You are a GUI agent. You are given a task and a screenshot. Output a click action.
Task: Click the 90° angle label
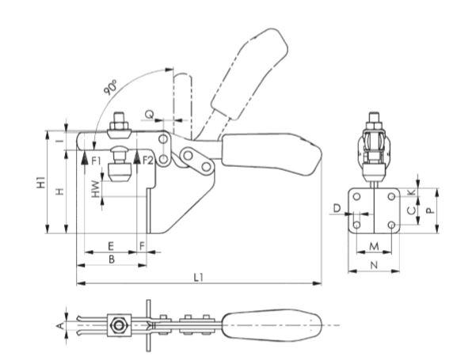pos(111,88)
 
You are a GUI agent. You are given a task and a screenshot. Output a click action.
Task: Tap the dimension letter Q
pos(149,115)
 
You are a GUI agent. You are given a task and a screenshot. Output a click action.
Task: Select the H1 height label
pos(41,182)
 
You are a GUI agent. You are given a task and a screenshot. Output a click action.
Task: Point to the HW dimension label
pos(96,189)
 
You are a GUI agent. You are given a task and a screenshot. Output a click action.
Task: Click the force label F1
pos(96,161)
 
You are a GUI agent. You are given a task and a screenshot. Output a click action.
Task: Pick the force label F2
pos(148,161)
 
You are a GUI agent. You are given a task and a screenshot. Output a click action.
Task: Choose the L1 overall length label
pos(198,277)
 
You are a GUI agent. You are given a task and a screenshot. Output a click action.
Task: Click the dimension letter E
pos(111,246)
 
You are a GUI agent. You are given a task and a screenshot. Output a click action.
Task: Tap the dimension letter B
pos(112,260)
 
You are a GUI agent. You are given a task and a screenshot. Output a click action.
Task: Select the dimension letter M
pos(374,246)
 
